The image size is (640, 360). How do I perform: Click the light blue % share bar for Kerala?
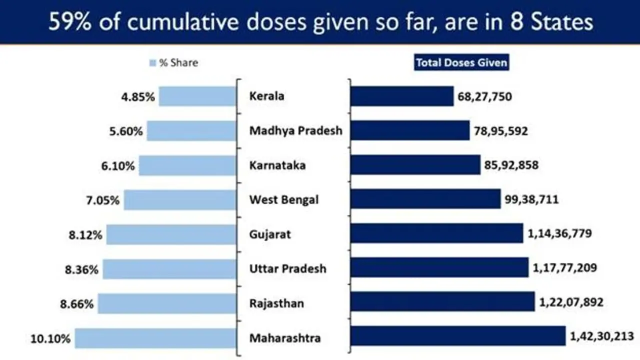pos(197,96)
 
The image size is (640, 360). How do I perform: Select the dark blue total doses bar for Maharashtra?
pos(457,336)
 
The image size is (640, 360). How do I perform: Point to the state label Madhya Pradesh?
pos(295,131)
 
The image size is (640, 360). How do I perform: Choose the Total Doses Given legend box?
pos(461,63)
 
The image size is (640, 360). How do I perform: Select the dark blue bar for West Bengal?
pos(425,199)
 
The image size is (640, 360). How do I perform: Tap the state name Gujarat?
pos(270,234)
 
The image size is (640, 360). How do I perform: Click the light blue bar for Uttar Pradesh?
pos(169,269)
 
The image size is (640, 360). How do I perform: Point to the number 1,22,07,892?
pos(571,302)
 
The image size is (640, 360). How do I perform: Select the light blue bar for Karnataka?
pos(187,165)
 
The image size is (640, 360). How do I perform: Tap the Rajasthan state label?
pos(276,303)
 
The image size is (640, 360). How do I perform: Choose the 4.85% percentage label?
pos(138,97)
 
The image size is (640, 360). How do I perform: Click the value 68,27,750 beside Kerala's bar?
pos(484,96)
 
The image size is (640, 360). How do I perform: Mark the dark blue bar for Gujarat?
pos(436,233)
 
